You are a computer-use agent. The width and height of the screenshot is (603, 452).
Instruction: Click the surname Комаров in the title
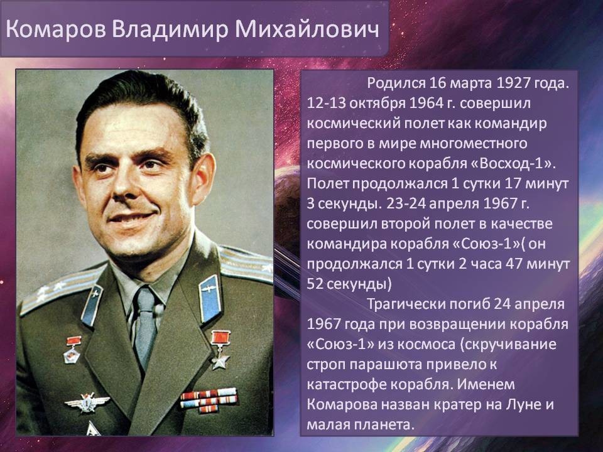pyautogui.click(x=56, y=30)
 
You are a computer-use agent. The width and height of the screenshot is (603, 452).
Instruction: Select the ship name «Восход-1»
pyautogui.click(x=513, y=163)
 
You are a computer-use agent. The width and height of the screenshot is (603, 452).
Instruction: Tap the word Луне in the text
pyautogui.click(x=523, y=404)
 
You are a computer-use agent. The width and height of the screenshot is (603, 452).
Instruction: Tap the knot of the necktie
pyautogui.click(x=145, y=301)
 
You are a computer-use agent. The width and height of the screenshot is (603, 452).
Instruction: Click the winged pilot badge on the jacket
pyautogui.click(x=87, y=402)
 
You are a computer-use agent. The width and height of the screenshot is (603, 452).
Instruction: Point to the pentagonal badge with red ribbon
pyautogui.click(x=73, y=350)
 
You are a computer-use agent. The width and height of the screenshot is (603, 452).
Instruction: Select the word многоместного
pyautogui.click(x=473, y=143)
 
